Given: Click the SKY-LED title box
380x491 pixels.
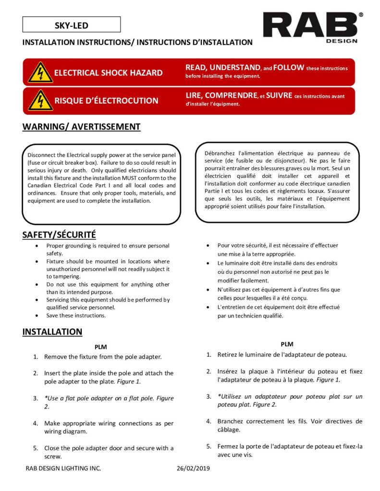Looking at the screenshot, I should click(x=71, y=25).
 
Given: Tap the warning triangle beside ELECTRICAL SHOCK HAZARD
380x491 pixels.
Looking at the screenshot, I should click(x=40, y=72).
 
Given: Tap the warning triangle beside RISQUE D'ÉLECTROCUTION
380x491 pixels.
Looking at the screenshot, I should click(x=40, y=100).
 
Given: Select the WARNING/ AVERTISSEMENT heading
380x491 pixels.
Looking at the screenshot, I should click(x=81, y=127).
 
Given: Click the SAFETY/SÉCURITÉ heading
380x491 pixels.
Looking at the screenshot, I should click(x=59, y=235).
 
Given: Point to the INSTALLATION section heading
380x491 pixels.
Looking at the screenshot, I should click(x=52, y=332).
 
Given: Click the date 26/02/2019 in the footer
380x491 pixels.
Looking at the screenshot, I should click(x=193, y=468).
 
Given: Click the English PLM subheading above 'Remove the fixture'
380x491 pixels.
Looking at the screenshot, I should click(x=100, y=347).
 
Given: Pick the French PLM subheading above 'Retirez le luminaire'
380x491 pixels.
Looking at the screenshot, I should click(x=287, y=344).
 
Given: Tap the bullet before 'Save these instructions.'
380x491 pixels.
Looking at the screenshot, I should click(x=37, y=316).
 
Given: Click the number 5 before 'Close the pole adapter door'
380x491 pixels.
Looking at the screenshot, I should click(x=36, y=448).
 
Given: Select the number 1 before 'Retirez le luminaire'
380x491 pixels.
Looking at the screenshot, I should click(x=208, y=355).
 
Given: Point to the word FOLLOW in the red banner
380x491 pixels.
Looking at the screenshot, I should click(x=289, y=68).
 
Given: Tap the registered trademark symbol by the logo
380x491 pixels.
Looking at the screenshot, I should click(x=361, y=15).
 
